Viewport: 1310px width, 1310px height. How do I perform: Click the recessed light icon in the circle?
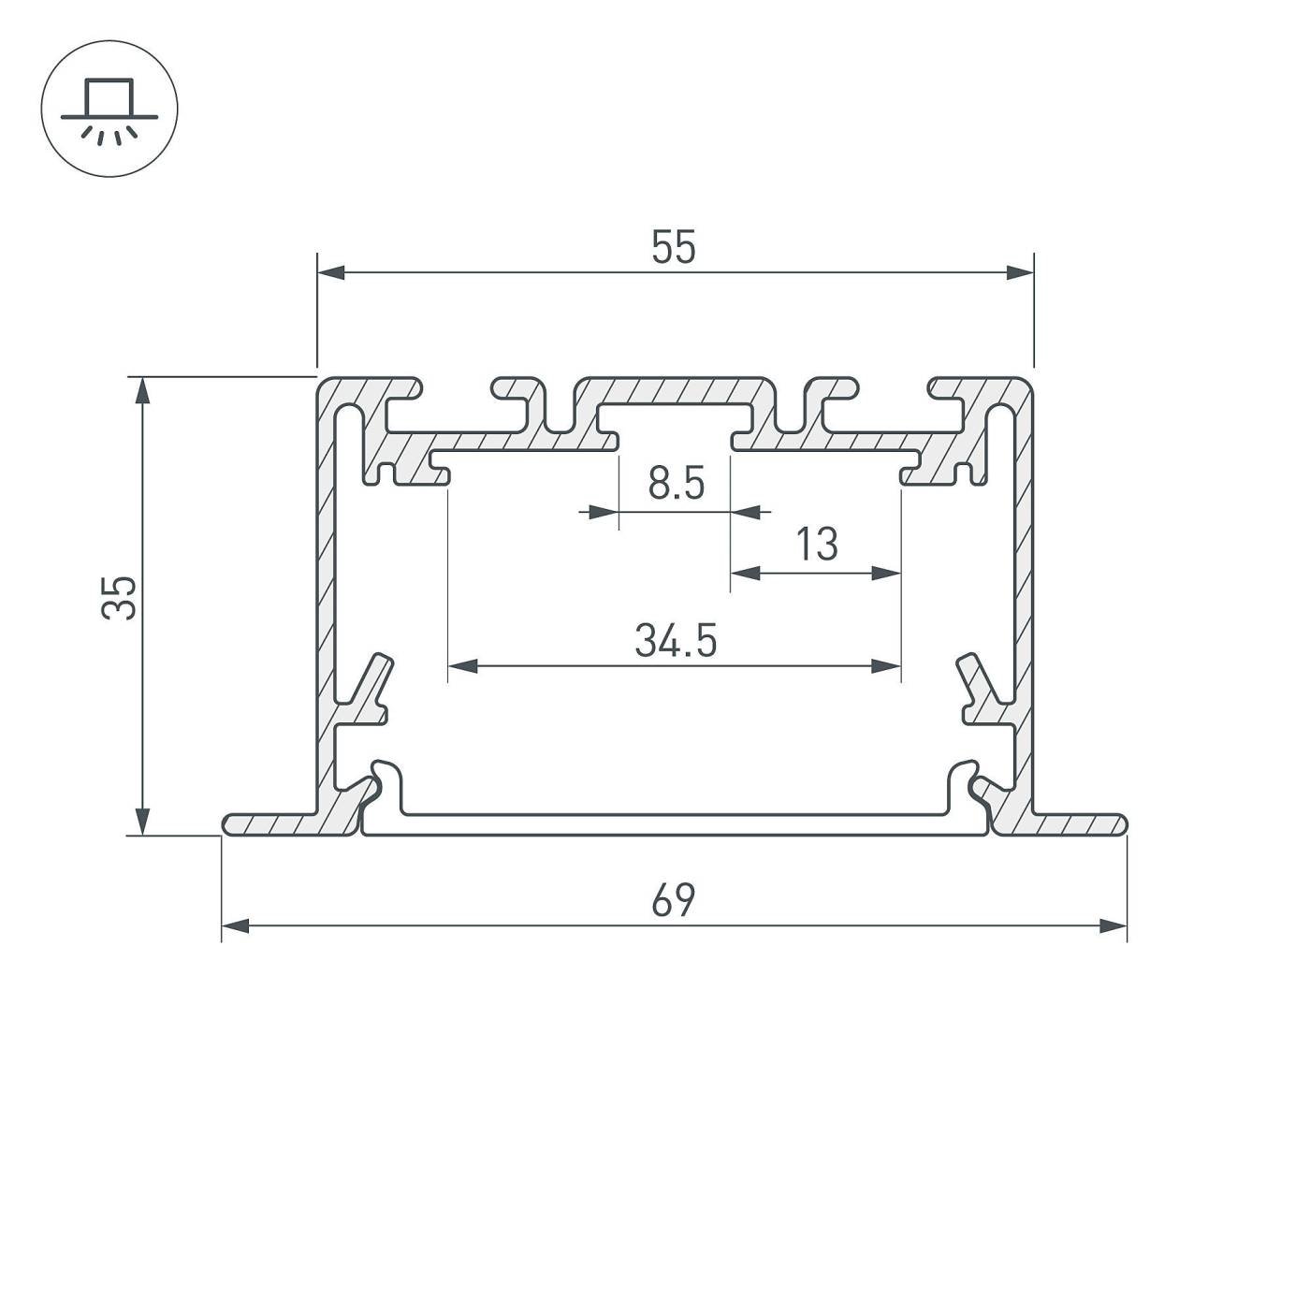coord(109,109)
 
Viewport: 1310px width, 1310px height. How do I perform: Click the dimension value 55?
coord(674,249)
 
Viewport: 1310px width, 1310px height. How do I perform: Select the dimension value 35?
coord(120,598)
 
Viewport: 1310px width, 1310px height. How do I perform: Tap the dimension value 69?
coord(674,900)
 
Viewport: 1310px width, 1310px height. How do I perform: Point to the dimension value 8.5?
coord(676,485)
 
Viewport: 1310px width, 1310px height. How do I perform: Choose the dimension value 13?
coord(817,545)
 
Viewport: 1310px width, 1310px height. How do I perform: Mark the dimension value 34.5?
coord(676,642)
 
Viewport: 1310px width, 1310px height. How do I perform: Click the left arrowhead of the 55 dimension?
coord(331,272)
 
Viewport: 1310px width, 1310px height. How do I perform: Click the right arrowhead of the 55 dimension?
coord(1020,272)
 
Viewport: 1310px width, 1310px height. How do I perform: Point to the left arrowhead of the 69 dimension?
coord(236,926)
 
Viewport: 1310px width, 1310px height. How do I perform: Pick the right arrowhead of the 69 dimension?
coord(1113,926)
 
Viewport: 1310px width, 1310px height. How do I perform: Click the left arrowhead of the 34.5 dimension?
coord(463,666)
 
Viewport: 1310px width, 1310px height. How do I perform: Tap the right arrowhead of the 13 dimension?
coord(886,573)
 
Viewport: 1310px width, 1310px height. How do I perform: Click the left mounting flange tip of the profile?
coord(230,823)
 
